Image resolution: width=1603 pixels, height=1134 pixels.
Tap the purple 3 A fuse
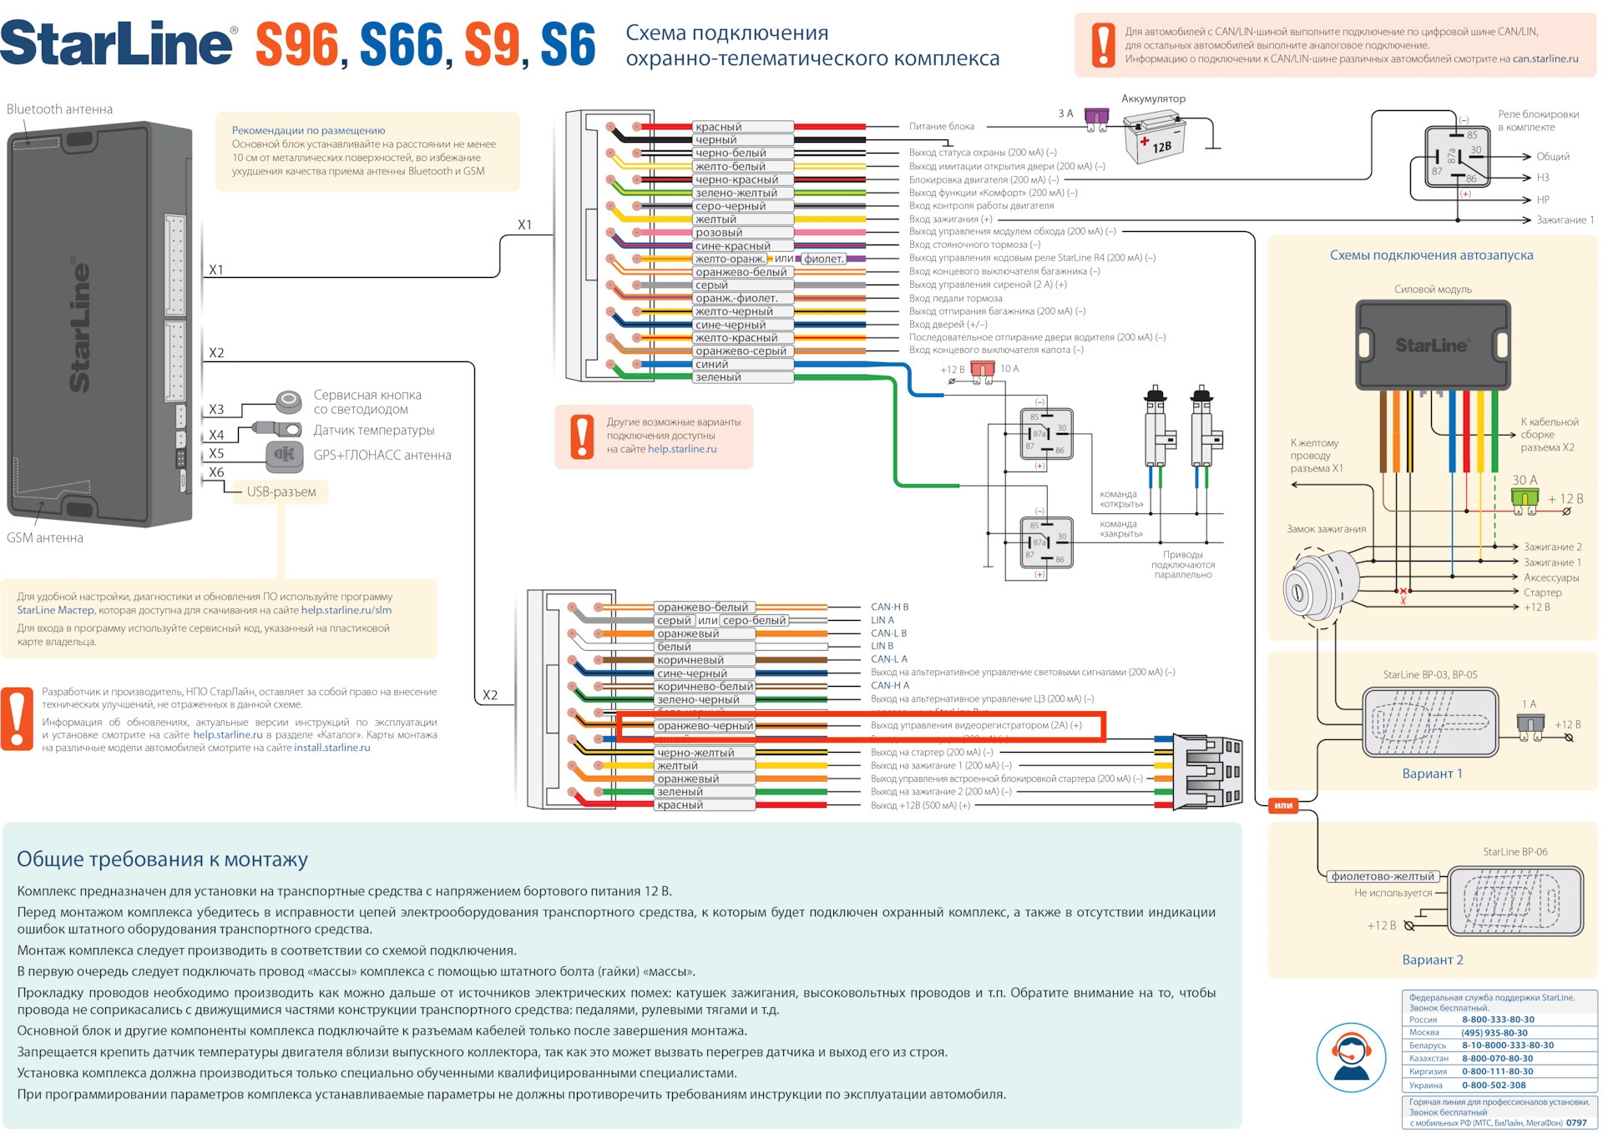(x=1096, y=117)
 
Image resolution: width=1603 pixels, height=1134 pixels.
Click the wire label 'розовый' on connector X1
(x=719, y=233)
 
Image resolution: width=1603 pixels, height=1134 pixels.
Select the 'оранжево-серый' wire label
(x=741, y=351)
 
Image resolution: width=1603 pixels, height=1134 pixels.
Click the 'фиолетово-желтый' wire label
(x=1382, y=876)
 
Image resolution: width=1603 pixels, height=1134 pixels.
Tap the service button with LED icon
(x=289, y=401)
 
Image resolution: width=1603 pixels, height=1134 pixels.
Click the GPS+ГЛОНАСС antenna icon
(x=284, y=455)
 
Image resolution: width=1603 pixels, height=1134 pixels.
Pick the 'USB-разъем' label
(x=281, y=492)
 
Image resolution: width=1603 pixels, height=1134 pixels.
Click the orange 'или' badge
(x=1283, y=805)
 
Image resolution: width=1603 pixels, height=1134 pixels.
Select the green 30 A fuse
(x=1525, y=497)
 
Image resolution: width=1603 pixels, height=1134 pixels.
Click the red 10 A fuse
(x=983, y=370)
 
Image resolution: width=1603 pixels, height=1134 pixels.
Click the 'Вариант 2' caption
(x=1432, y=960)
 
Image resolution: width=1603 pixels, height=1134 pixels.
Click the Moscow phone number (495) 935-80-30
(x=1494, y=1033)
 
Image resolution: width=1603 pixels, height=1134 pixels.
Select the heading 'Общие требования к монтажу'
(x=162, y=859)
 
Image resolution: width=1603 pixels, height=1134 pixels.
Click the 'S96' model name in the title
(x=297, y=45)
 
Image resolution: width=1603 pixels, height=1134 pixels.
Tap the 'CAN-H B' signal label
(x=889, y=607)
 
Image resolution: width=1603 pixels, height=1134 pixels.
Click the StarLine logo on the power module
(x=1431, y=345)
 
